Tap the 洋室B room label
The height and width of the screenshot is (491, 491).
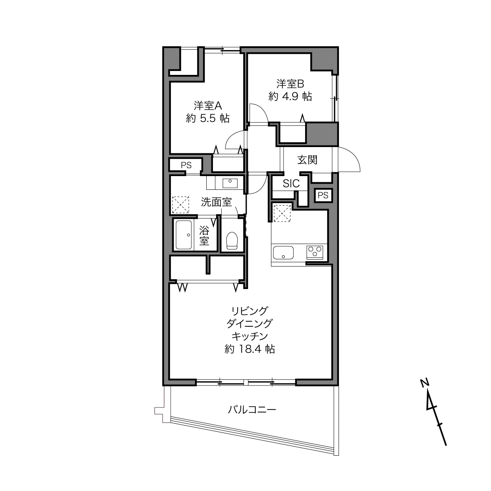(x=290, y=84)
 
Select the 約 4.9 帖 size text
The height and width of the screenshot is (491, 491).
(x=290, y=96)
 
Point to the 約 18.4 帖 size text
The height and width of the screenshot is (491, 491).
(x=250, y=349)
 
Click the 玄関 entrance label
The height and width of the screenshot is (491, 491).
(x=307, y=160)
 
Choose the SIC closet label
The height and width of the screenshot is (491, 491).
(x=291, y=184)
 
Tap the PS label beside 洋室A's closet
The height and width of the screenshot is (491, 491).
(x=186, y=165)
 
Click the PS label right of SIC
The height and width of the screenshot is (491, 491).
(x=323, y=195)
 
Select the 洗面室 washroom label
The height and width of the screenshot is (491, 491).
(x=216, y=202)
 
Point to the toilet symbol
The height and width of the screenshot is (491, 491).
(x=232, y=240)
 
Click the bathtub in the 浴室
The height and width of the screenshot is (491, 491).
(x=184, y=235)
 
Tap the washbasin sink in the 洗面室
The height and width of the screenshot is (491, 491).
(x=230, y=183)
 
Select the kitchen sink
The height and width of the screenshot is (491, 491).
(x=283, y=253)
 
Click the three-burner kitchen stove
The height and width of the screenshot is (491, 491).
(x=315, y=253)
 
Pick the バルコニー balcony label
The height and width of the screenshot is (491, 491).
(x=252, y=410)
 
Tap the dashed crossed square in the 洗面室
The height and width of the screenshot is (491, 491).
(x=181, y=205)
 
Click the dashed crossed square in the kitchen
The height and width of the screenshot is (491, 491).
(x=282, y=213)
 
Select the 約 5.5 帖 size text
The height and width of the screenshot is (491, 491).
(x=208, y=118)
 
